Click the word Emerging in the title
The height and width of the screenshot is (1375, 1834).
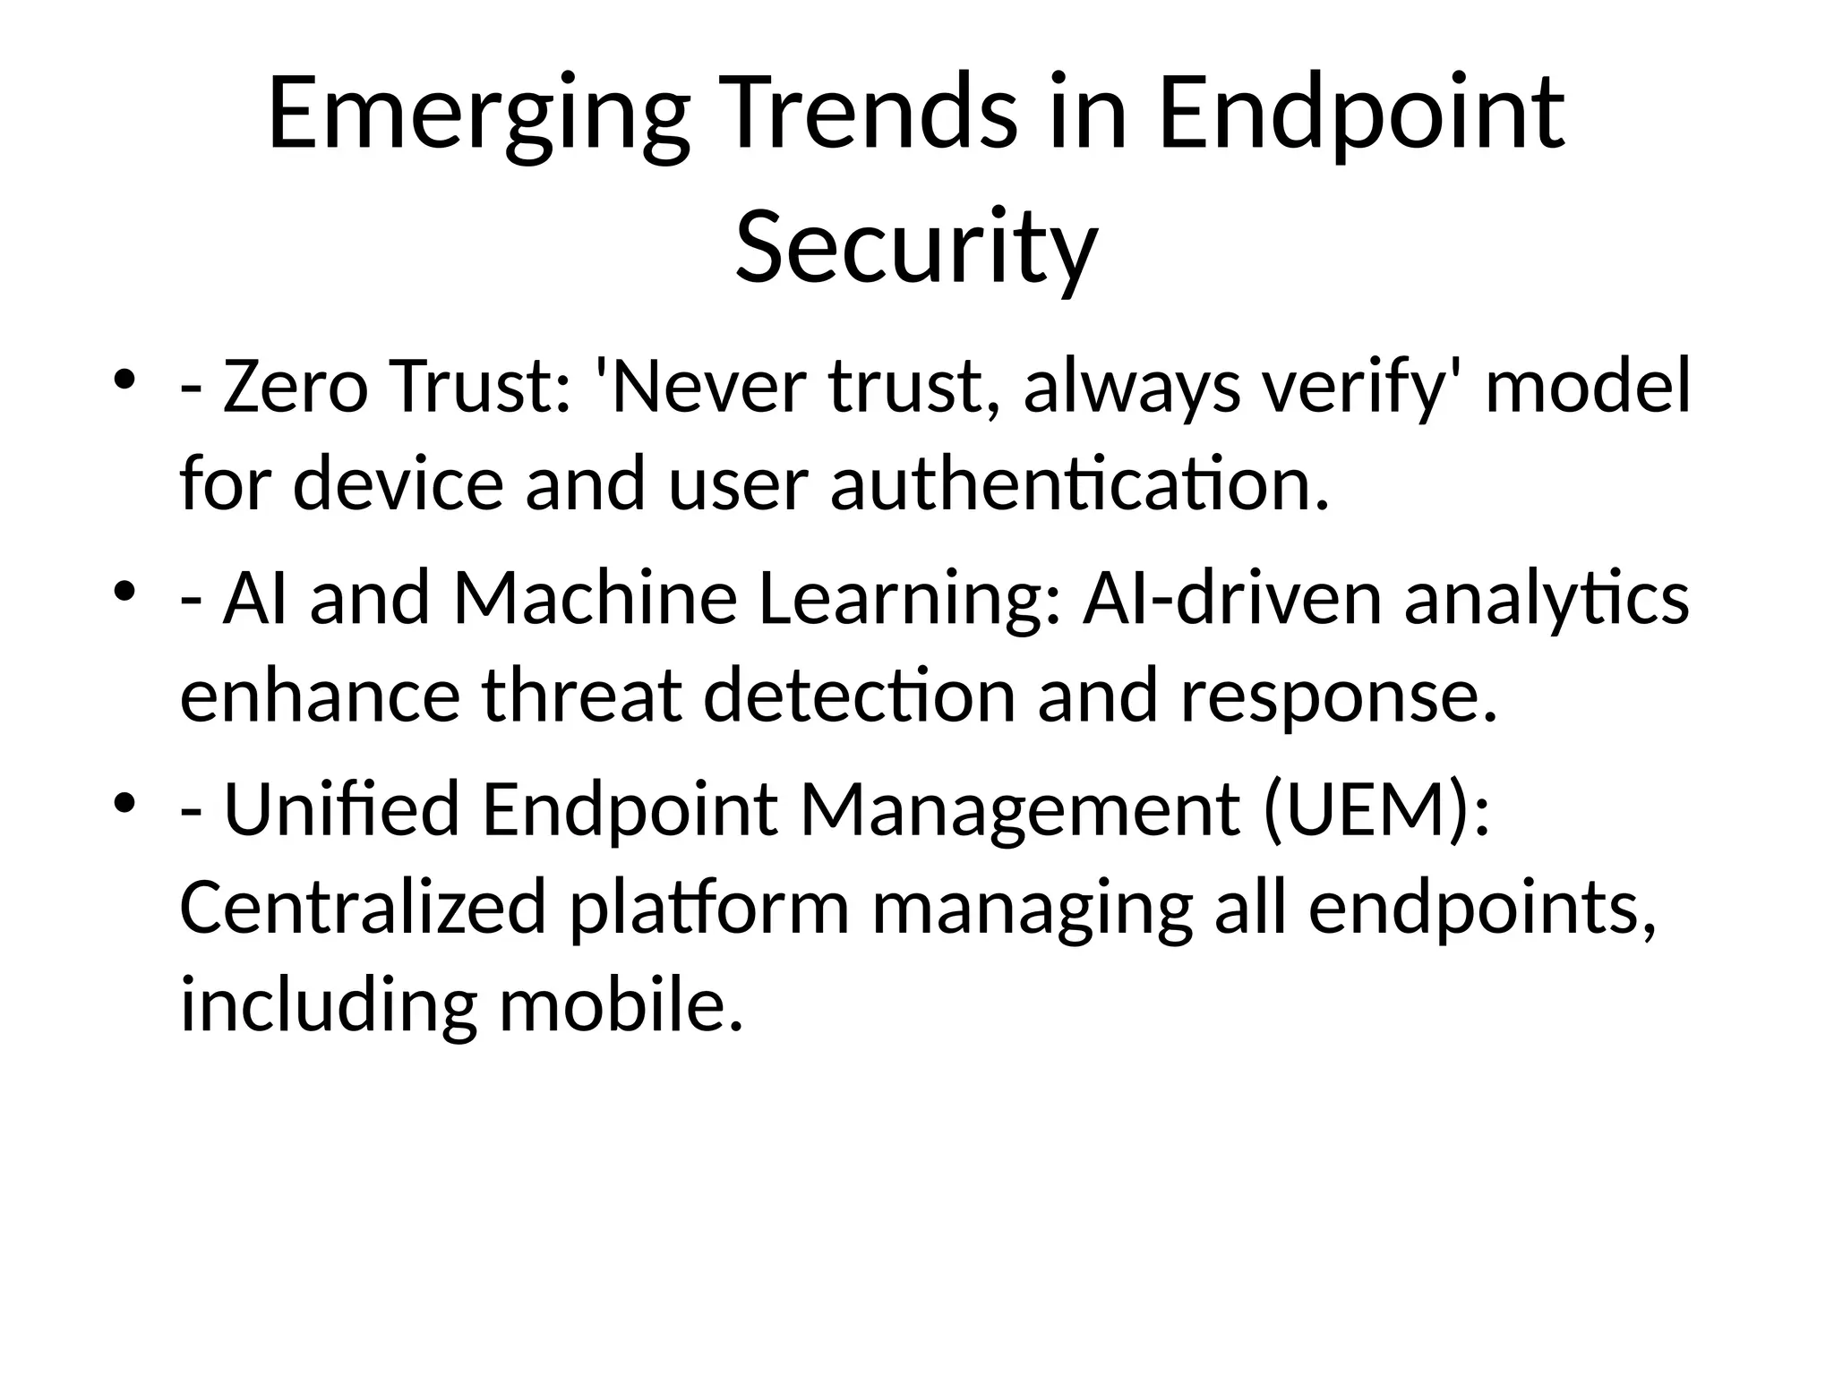(x=478, y=116)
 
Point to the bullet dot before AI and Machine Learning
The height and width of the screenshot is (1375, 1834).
(x=124, y=590)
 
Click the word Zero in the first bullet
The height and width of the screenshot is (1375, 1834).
(x=295, y=387)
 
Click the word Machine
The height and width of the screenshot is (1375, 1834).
(x=595, y=598)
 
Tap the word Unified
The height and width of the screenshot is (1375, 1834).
(x=340, y=808)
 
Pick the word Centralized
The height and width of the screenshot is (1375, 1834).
(x=363, y=906)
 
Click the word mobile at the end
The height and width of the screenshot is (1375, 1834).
(x=621, y=1003)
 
